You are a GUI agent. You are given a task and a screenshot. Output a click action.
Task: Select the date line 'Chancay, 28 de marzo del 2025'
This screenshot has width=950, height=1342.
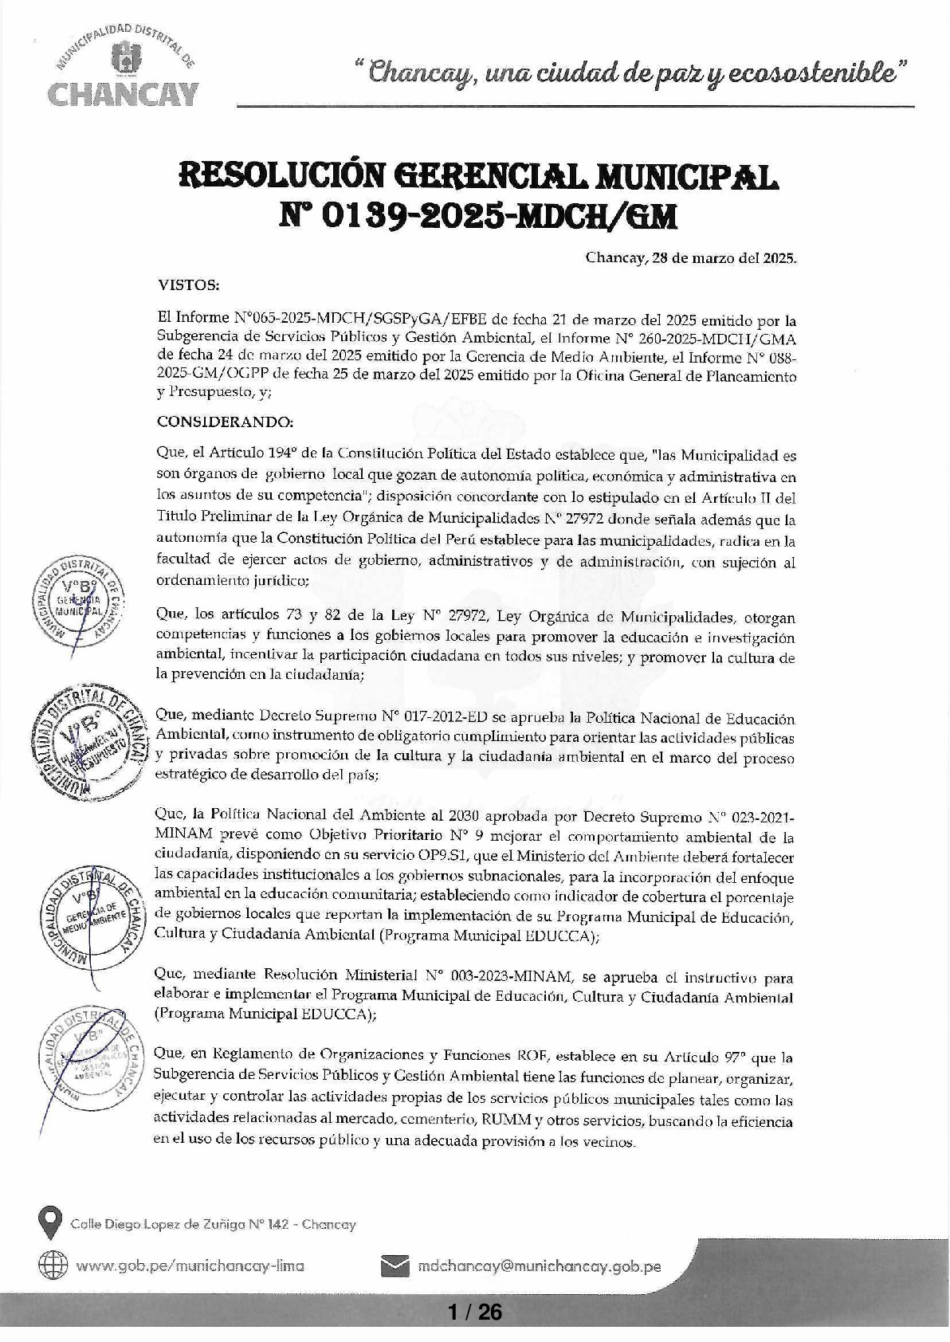[x=691, y=258]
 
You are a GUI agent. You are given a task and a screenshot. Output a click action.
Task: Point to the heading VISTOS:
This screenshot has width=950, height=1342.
[x=189, y=285]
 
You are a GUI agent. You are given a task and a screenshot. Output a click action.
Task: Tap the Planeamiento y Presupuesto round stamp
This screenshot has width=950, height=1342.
[x=87, y=742]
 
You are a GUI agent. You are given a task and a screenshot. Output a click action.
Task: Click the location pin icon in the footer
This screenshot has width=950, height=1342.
[x=51, y=1223]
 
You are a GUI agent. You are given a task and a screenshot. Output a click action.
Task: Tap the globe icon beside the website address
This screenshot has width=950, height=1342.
[x=52, y=1265]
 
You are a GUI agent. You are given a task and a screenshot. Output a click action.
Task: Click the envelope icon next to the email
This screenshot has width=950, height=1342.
[x=395, y=1265]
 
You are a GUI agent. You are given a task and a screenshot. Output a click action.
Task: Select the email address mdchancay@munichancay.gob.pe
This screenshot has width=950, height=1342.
[x=539, y=1266]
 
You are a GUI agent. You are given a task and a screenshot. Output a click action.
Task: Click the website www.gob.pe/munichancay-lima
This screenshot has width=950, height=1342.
[x=190, y=1266]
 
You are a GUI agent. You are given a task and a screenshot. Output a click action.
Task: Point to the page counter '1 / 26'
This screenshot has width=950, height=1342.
[x=475, y=1311]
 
